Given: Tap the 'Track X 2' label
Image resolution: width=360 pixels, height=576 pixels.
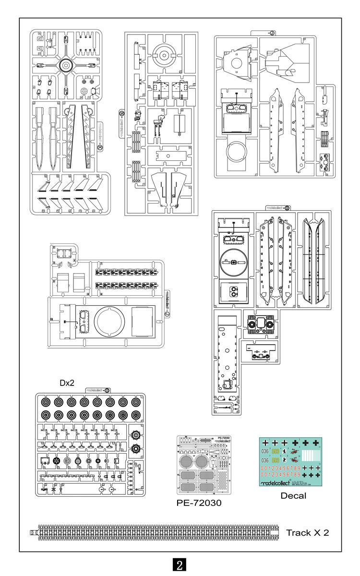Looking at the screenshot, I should (x=308, y=533).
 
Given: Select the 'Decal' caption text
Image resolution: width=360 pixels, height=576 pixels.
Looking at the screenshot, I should (x=293, y=496).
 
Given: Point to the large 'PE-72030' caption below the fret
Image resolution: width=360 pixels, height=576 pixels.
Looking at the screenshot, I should (x=200, y=502).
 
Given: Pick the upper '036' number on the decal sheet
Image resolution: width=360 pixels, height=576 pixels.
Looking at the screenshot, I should (x=265, y=451).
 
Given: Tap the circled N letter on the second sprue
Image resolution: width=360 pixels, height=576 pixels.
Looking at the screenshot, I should (x=121, y=113).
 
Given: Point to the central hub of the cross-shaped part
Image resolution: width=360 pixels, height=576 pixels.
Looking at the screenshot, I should (x=65, y=65).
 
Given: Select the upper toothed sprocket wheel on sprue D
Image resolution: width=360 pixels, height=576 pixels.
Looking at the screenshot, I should (x=136, y=435).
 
